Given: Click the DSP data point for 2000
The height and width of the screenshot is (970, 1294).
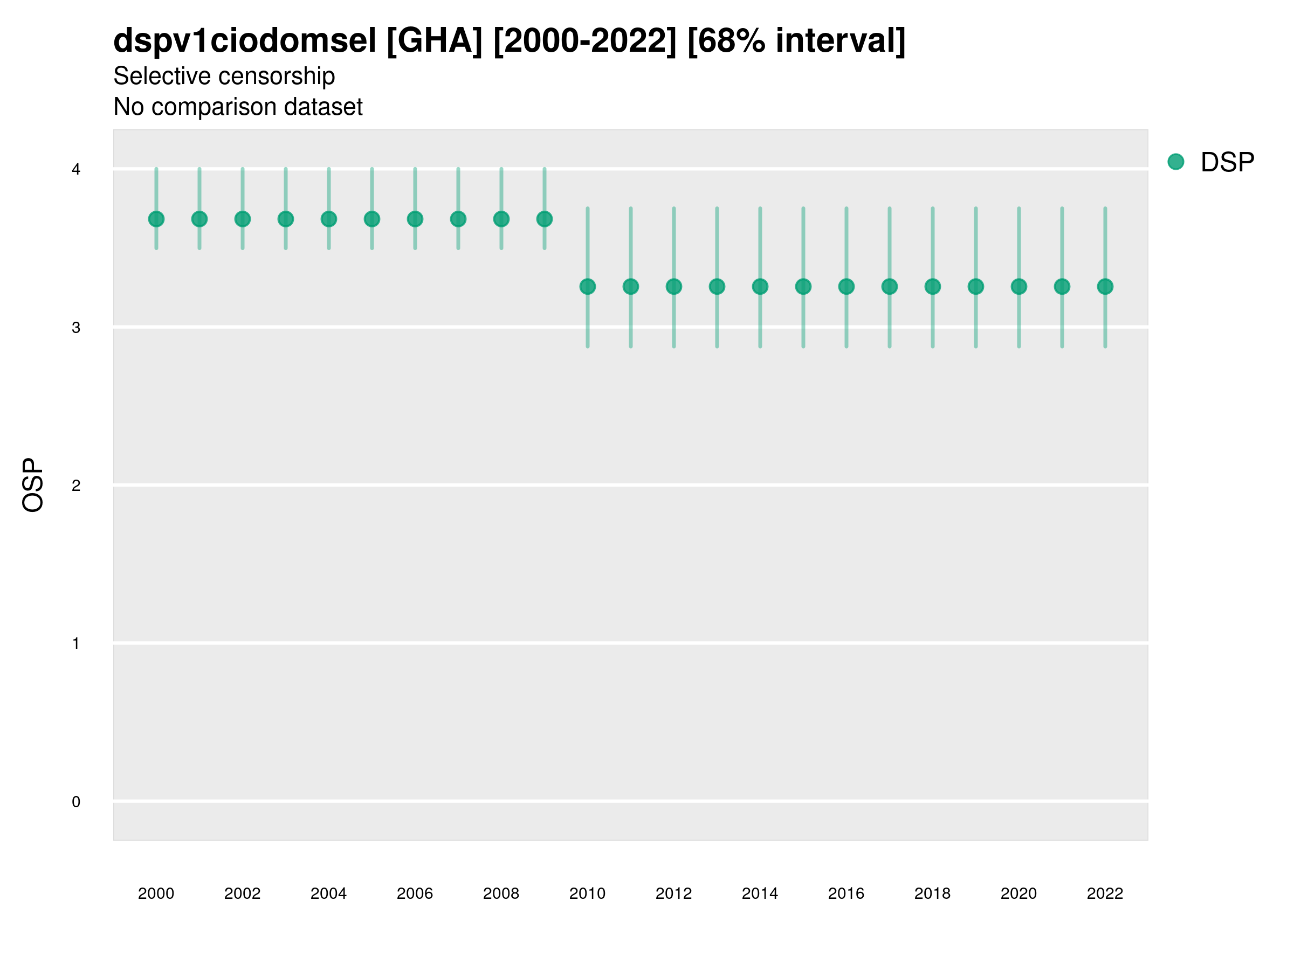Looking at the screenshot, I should point(156,219).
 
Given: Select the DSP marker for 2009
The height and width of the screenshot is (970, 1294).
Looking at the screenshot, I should point(545,219).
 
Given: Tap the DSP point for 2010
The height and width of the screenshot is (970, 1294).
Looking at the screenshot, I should point(588,287).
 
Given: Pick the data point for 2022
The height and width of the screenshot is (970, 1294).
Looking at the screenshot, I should point(1105,287).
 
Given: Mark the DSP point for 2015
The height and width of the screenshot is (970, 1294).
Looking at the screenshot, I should point(803,287).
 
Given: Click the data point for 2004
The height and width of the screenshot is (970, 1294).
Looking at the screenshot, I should point(329,219).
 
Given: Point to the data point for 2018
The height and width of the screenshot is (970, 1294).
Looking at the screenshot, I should point(932,287).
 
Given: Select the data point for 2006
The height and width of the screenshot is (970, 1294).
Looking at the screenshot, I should point(415,219).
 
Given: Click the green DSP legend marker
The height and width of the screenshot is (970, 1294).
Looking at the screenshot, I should point(1176,162).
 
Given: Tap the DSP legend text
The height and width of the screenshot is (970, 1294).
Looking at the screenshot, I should point(1227,163).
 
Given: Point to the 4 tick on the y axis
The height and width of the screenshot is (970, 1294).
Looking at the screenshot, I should point(76,170).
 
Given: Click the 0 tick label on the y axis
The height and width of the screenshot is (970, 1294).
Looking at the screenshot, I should point(76,802).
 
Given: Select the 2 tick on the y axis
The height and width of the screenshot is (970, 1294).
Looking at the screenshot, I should point(76,486).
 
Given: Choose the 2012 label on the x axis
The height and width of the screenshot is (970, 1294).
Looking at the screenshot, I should point(673,893).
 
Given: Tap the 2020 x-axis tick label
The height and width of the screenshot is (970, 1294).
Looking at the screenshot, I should point(1018,893).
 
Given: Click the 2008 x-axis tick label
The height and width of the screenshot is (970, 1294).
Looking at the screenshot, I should point(501,893).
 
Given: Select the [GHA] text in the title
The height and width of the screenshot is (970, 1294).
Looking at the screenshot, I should point(435,41).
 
